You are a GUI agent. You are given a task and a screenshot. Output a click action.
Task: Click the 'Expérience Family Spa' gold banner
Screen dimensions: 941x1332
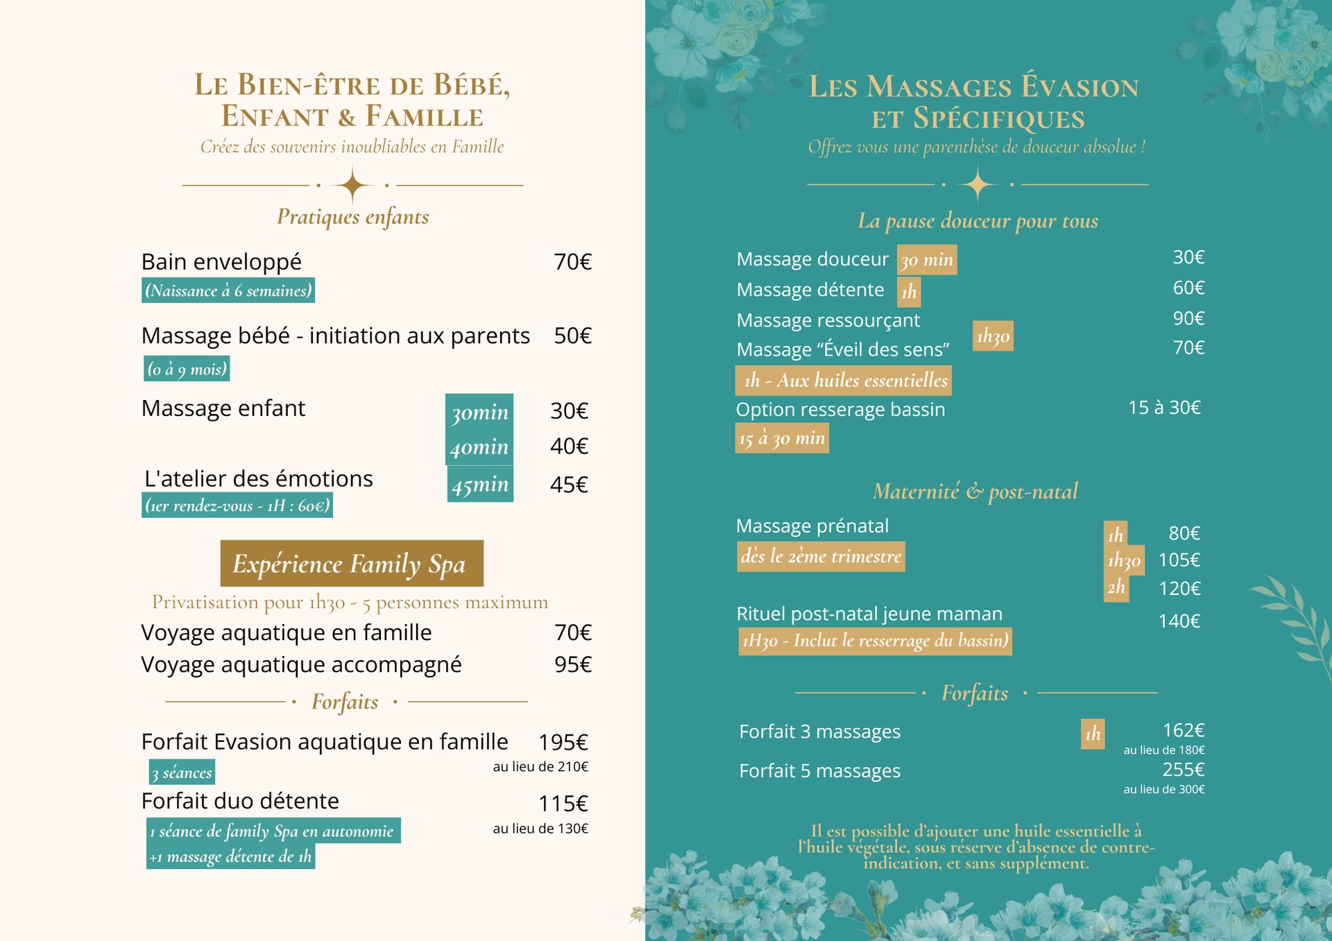352,563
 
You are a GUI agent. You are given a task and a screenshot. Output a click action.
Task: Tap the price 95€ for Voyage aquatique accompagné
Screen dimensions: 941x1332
572,664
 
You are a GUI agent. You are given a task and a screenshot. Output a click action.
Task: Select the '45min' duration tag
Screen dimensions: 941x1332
480,484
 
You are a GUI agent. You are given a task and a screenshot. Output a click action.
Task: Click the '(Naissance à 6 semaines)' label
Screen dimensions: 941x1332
228,290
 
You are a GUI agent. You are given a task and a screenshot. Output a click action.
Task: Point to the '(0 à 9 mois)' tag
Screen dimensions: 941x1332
187,368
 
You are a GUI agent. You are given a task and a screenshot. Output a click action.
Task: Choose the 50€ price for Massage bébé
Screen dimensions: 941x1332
572,336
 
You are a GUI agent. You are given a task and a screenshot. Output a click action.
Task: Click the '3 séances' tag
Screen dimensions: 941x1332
182,772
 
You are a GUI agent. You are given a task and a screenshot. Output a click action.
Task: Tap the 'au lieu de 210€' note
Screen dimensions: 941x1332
540,766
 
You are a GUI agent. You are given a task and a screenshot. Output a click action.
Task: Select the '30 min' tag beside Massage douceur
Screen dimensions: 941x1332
927,260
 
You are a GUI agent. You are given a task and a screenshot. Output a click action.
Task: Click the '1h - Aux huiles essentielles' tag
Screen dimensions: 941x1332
844,380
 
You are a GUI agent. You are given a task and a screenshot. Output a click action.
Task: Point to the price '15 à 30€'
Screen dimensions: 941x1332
1164,407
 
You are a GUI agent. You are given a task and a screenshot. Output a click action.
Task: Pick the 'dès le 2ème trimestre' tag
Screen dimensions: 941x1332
821,556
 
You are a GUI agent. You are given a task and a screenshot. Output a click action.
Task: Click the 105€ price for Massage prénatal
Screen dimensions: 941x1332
1179,560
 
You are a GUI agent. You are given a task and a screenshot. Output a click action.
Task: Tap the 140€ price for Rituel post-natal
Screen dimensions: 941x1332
1179,621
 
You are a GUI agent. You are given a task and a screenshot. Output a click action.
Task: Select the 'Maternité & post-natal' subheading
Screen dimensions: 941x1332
975,491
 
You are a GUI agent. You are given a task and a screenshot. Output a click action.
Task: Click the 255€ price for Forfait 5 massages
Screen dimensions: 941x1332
1183,769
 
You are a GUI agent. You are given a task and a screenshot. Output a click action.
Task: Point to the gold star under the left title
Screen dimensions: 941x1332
352,185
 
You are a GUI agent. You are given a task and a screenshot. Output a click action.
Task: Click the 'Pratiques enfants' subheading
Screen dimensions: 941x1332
352,216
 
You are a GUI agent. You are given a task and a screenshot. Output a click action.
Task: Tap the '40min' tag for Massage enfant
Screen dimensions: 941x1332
479,447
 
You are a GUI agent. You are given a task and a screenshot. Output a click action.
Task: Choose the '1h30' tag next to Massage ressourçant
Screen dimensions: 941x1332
993,336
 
